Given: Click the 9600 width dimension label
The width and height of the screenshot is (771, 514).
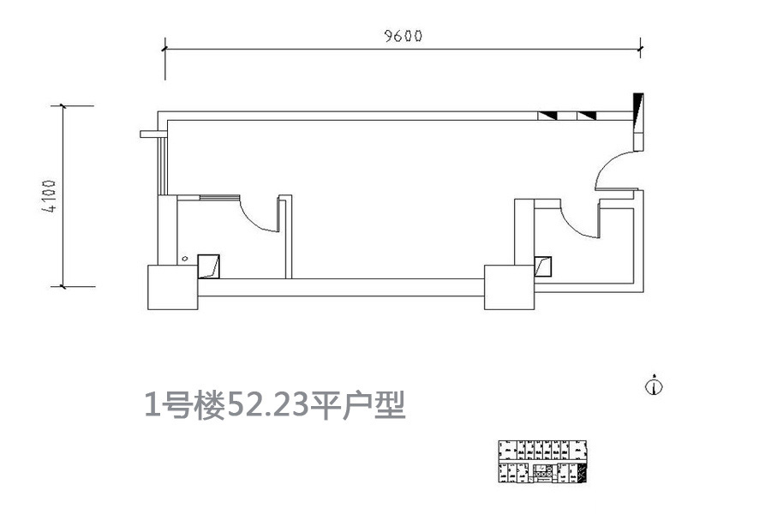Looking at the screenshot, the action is [403, 36].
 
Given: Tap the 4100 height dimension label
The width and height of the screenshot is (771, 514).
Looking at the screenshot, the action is [49, 196].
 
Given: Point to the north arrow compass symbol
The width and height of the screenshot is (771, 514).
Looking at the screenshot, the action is [654, 385].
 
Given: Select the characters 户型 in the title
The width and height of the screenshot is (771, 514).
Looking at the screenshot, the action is [374, 405].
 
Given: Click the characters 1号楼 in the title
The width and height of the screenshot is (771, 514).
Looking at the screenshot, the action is [185, 406].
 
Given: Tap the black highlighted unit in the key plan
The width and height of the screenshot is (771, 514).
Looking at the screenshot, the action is [581, 472].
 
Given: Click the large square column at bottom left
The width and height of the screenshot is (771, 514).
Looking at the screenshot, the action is [172, 287].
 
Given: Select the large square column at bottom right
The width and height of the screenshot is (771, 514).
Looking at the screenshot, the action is [509, 287].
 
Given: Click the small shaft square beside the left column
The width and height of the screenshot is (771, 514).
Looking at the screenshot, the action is [208, 266].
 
